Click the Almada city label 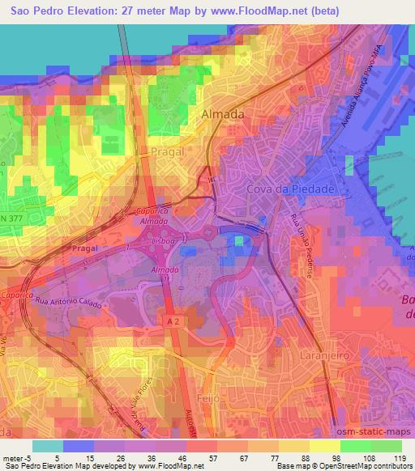pos(222,115)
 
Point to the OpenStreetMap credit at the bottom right pos(374,467)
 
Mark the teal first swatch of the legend pos(48,445)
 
